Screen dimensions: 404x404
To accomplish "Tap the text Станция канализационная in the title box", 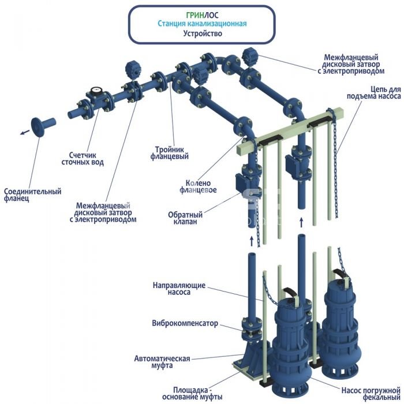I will pyautogui.click(x=202, y=24).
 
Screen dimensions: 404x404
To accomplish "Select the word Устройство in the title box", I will pyautogui.click(x=202, y=33).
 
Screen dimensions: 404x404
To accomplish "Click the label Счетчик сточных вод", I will pyautogui.click(x=83, y=159).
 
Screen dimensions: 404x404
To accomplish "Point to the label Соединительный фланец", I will pyautogui.click(x=32, y=195).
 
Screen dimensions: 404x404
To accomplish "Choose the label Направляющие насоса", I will pyautogui.click(x=179, y=289).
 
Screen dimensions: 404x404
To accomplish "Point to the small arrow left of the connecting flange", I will pyautogui.click(x=24, y=132).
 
